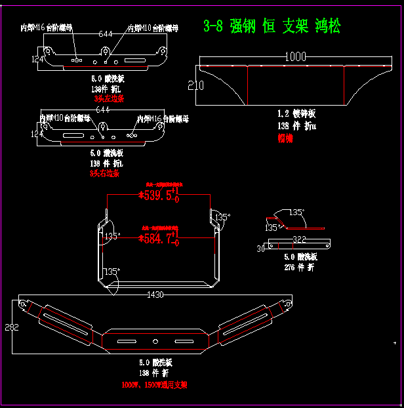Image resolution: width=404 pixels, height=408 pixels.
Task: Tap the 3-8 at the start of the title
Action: pyautogui.click(x=213, y=26)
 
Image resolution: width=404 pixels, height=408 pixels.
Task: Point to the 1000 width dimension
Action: pyautogui.click(x=296, y=57)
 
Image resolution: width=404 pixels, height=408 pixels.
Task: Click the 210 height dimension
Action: pyautogui.click(x=195, y=85)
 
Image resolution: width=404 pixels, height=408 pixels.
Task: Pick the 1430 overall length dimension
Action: pyautogui.click(x=155, y=295)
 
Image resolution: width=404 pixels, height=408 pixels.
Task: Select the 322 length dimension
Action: pyautogui.click(x=299, y=239)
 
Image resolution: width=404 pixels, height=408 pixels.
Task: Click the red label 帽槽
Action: pyautogui.click(x=285, y=138)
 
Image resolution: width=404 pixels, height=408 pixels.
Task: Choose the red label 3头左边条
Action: pyautogui.click(x=108, y=98)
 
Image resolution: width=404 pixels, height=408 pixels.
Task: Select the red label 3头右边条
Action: pyautogui.click(x=105, y=174)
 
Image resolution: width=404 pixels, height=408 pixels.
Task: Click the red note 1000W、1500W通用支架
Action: pyautogui.click(x=155, y=385)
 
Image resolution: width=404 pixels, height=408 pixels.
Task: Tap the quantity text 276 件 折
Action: pyautogui.click(x=299, y=267)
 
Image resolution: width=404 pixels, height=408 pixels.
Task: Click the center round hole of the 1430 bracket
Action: pyautogui.click(x=155, y=341)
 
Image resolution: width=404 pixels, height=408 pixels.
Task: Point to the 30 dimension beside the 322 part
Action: pyautogui.click(x=260, y=249)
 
